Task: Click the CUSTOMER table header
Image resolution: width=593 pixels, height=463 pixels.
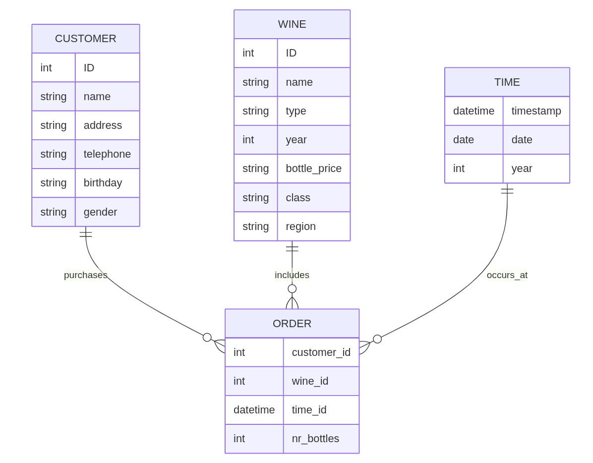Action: pyautogui.click(x=85, y=39)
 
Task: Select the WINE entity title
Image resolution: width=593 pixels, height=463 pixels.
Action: pyautogui.click(x=292, y=24)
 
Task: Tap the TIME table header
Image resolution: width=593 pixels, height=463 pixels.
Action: pyautogui.click(x=507, y=82)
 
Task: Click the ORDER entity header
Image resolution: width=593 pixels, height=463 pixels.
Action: pyautogui.click(x=292, y=324)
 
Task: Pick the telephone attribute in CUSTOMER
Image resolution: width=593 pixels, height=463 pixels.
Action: pyautogui.click(x=107, y=154)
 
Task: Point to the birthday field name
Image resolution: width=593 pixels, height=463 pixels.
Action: pyautogui.click(x=103, y=183)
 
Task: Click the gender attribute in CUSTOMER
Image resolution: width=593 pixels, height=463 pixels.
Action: pyautogui.click(x=100, y=212)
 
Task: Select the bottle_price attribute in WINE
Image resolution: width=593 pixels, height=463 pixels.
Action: pyautogui.click(x=313, y=169)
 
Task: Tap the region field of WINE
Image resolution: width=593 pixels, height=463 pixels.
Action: pyautogui.click(x=300, y=227)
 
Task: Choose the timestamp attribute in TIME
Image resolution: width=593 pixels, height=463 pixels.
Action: pyautogui.click(x=536, y=111)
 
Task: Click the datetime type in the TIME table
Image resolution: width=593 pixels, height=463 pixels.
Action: pyautogui.click(x=474, y=111)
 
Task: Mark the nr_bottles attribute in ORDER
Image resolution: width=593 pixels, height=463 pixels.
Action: pyautogui.click(x=315, y=438)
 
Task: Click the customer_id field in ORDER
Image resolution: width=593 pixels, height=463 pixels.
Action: pyautogui.click(x=321, y=352)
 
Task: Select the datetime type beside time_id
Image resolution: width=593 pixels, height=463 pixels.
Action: pyautogui.click(x=254, y=409)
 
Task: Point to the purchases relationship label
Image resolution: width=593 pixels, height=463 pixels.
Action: pyautogui.click(x=85, y=275)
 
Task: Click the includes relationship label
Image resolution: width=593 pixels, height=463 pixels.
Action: pyautogui.click(x=292, y=275)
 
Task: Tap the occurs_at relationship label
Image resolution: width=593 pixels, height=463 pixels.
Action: pyautogui.click(x=507, y=275)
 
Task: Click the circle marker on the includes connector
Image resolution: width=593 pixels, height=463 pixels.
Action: pyautogui.click(x=292, y=289)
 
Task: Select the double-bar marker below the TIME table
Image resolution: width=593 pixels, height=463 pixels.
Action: pyautogui.click(x=507, y=190)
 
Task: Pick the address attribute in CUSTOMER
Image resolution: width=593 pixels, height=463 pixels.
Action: pyautogui.click(x=103, y=125)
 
